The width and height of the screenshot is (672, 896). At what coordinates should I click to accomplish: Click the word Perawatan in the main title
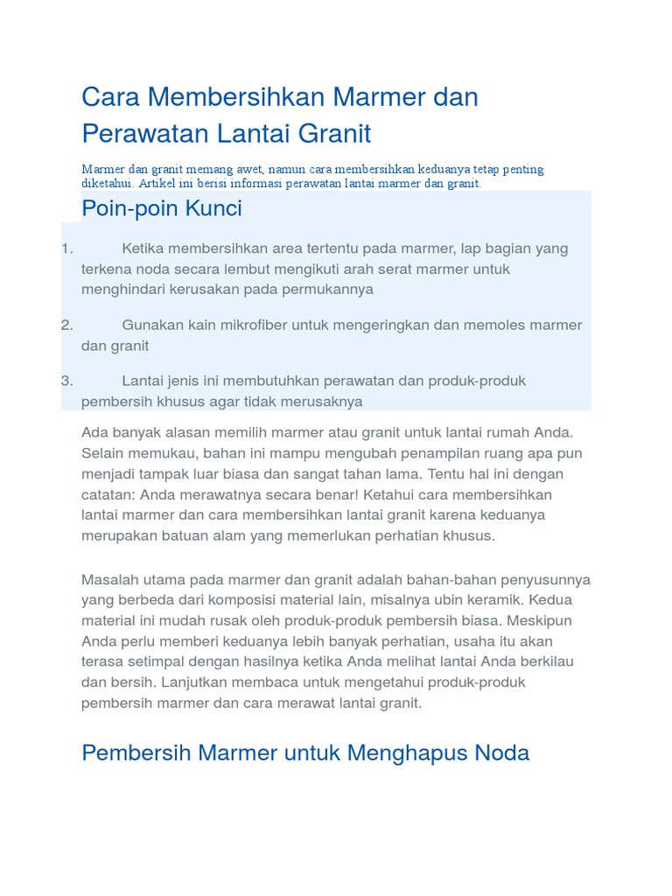(134, 134)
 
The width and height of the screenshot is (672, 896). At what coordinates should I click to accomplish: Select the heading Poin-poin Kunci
(161, 209)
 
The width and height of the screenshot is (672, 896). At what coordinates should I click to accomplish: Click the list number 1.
(66, 248)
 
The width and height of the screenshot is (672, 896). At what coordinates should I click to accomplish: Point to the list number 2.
(66, 325)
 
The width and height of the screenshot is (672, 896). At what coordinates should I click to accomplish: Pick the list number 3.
(66, 381)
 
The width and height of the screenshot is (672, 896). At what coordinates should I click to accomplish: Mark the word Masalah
(108, 579)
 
